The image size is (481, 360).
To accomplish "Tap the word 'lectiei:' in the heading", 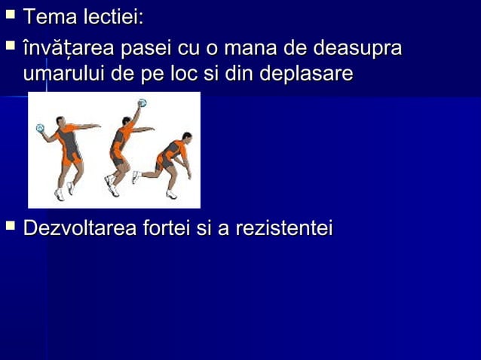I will pos(114,16).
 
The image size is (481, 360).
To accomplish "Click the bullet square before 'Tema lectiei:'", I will pos(11,14).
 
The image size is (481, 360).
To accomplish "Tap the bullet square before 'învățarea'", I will pos(11,47).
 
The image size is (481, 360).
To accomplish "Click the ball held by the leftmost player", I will pos(40,129).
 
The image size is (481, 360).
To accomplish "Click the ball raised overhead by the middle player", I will pos(142,102).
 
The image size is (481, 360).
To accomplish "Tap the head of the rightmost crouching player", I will pos(186,138).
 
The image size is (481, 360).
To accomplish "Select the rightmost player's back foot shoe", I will pos(136,177).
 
